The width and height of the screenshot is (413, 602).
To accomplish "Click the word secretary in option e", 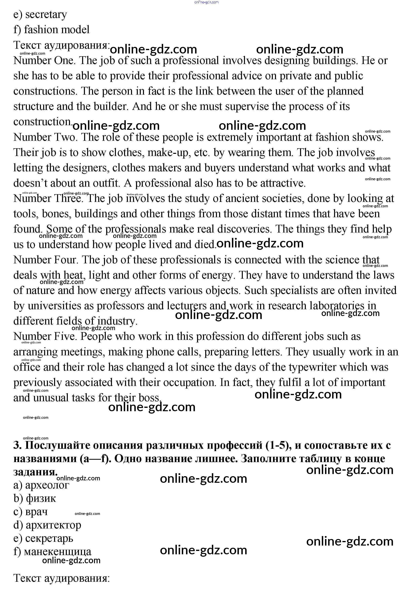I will coord(46,15).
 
